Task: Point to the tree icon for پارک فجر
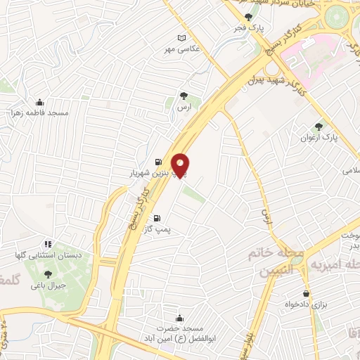point(247,18)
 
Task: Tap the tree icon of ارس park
point(185,96)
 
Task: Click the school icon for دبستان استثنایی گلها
point(48,244)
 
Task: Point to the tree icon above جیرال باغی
point(48,275)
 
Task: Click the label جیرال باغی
point(51,286)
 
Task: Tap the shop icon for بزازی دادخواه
point(306,293)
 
